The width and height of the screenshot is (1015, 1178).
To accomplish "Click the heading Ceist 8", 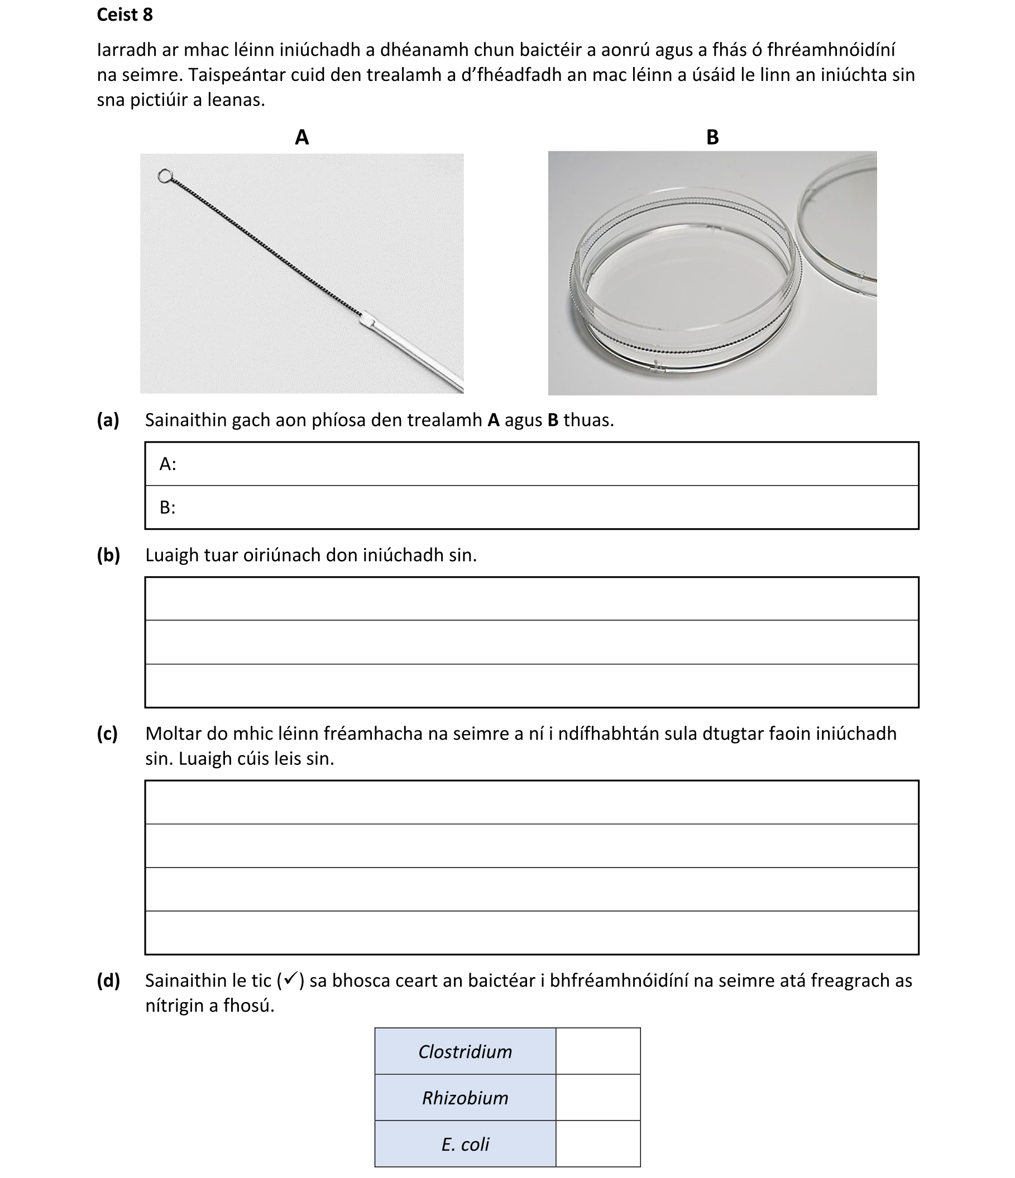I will click(125, 15).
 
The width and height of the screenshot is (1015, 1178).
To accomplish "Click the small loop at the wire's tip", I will click(165, 176).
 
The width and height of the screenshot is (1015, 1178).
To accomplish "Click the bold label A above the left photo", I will click(302, 137).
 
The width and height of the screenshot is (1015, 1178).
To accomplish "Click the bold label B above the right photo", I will click(712, 137).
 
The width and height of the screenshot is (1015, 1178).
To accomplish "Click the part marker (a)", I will click(108, 420).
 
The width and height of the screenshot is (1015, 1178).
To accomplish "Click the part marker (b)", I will click(109, 555).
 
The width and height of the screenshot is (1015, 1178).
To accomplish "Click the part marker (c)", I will click(107, 734).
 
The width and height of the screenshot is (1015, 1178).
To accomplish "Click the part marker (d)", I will click(109, 980).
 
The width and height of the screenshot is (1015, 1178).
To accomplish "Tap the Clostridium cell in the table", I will click(465, 1051).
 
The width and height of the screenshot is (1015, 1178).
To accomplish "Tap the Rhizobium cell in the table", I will click(465, 1097).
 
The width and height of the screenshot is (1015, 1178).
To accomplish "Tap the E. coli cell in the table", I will click(465, 1143).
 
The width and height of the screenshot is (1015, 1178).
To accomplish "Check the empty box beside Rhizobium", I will click(597, 1097).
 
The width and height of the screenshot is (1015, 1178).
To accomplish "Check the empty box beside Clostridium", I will click(597, 1051).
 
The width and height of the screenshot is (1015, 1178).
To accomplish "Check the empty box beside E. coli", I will click(597, 1143).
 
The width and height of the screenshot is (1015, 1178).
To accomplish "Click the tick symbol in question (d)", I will click(290, 979).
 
